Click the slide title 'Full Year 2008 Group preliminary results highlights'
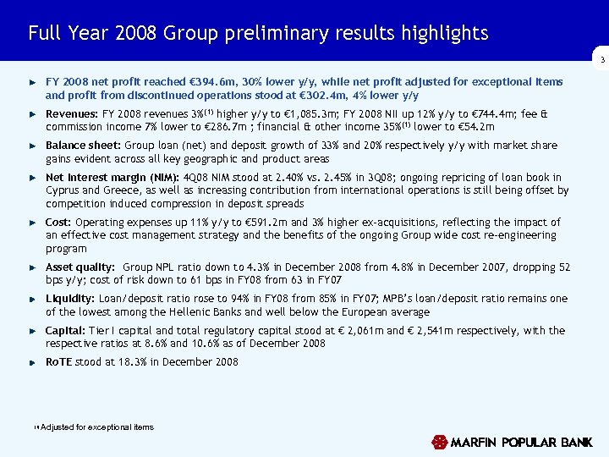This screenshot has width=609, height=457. pos(258,34)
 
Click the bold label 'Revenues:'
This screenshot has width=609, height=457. pos(71,113)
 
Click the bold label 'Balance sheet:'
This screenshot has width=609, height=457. pos(83,146)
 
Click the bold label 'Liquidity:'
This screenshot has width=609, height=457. pos(70,299)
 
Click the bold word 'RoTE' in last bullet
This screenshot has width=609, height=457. pos(60,362)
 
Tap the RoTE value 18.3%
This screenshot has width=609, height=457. pos(119,362)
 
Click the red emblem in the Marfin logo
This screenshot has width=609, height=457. pos(439,443)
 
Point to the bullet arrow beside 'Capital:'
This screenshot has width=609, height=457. pos(32,331)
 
